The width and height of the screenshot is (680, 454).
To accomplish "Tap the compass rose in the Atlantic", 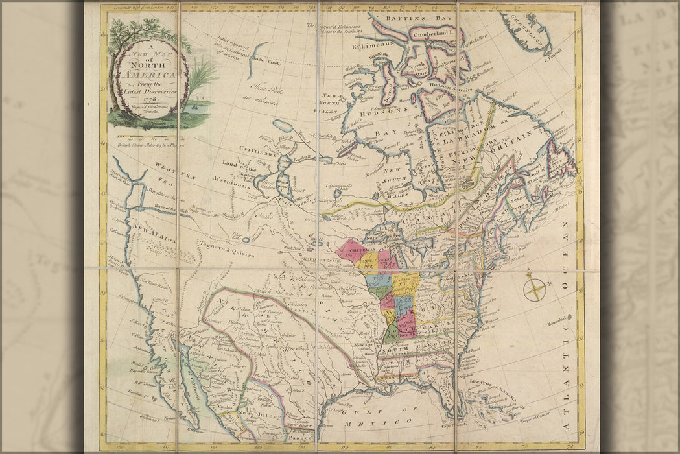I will (535, 287).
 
